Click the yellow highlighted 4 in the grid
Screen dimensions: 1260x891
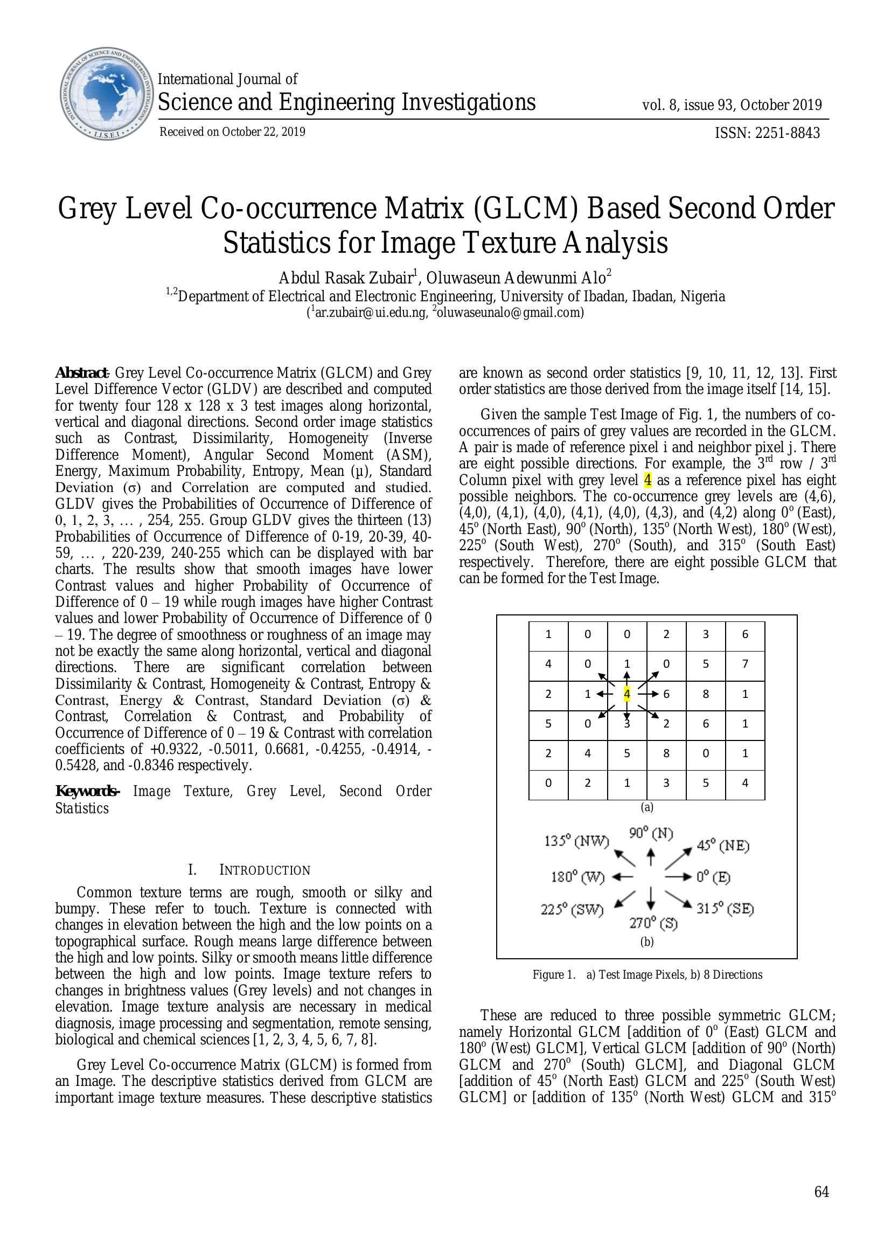pos(627,694)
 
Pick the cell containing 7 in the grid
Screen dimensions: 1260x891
pos(744,664)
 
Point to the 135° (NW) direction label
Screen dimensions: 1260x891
pos(576,841)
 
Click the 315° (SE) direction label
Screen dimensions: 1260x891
pos(725,908)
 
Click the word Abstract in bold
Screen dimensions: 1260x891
pos(81,373)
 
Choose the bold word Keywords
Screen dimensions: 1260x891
pos(87,791)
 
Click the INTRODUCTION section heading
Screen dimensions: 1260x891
pos(264,870)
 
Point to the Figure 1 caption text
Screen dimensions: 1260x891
pos(647,974)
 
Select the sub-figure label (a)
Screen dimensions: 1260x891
pos(647,807)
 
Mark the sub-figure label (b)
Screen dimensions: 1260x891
pos(647,941)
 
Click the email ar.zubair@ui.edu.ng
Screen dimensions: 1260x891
pos(370,313)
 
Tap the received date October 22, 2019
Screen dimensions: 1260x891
pos(263,131)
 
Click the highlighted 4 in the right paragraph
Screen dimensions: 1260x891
pos(648,480)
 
